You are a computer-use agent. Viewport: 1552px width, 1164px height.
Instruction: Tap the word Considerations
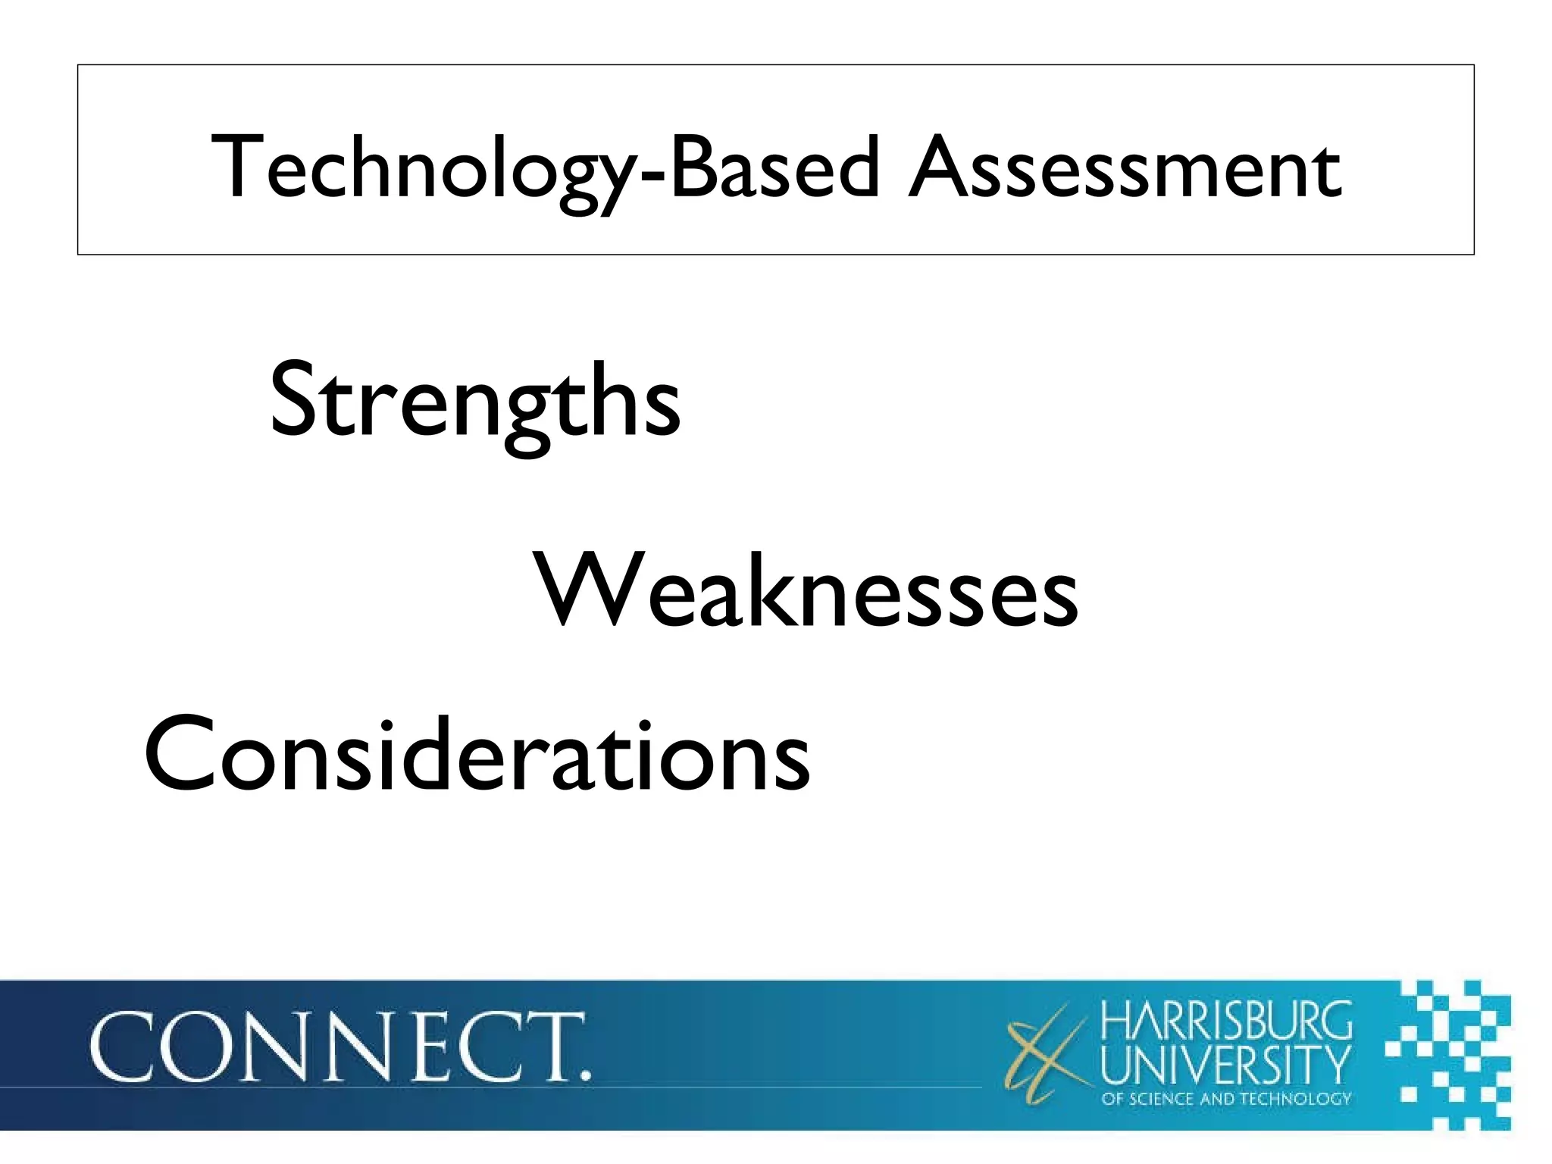coord(477,755)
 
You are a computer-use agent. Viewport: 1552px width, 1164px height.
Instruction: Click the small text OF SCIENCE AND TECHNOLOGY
coord(1226,1099)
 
